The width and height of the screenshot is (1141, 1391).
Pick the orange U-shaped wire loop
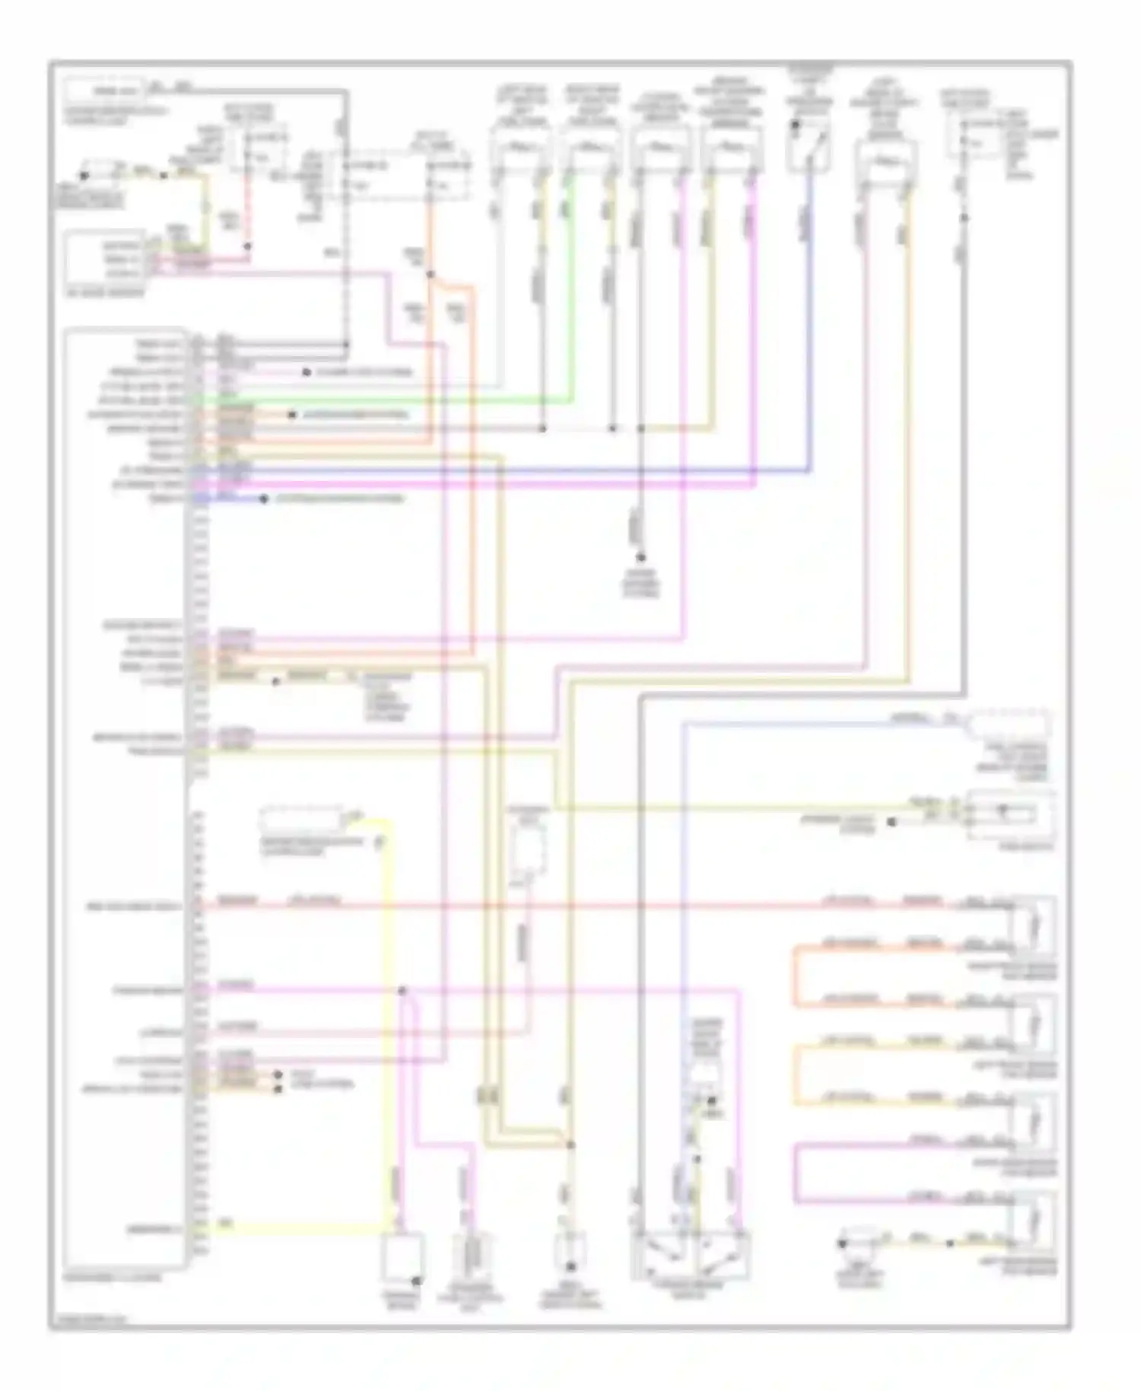[x=796, y=976]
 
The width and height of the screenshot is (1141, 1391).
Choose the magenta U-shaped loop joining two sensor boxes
[x=796, y=1173]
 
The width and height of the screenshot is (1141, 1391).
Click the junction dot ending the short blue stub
[x=264, y=499]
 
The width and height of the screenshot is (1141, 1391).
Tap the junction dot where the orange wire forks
[x=431, y=275]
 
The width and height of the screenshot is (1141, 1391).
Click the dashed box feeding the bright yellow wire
[x=300, y=820]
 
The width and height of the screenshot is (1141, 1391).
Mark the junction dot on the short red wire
[x=247, y=247]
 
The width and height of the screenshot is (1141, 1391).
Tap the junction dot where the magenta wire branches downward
[x=402, y=991]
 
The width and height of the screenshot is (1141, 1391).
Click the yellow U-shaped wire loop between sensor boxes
[x=796, y=1074]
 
